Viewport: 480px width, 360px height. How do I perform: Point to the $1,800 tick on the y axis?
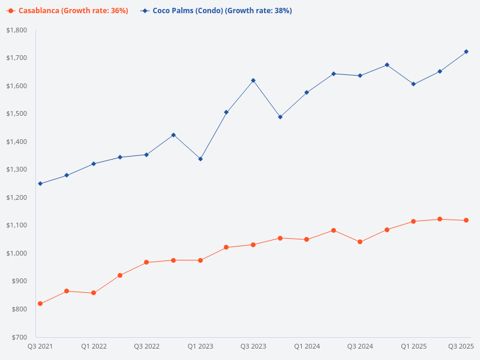17,30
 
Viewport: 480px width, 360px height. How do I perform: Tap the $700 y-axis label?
19,337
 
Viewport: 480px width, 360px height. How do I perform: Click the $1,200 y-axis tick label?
17,197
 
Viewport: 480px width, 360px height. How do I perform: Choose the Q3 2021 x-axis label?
40,346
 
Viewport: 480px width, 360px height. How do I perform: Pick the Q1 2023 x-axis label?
200,346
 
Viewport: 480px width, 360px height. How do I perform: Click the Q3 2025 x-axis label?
461,346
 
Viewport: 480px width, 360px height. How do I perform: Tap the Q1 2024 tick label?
307,346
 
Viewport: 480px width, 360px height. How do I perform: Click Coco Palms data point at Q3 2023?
253,80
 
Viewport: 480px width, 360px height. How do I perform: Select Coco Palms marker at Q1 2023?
200,159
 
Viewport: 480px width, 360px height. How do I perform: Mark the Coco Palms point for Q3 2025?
467,52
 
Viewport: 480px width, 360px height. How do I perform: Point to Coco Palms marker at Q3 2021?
40,184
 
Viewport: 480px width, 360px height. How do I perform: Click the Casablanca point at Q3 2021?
40,304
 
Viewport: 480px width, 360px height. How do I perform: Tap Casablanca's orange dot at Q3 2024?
360,242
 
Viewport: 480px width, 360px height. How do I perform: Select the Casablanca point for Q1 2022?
94,293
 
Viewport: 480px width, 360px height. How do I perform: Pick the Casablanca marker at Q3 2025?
467,220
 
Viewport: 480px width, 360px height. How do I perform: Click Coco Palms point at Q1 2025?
413,84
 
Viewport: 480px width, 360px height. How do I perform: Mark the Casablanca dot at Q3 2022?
146,262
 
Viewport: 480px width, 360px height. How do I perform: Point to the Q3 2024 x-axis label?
360,346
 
